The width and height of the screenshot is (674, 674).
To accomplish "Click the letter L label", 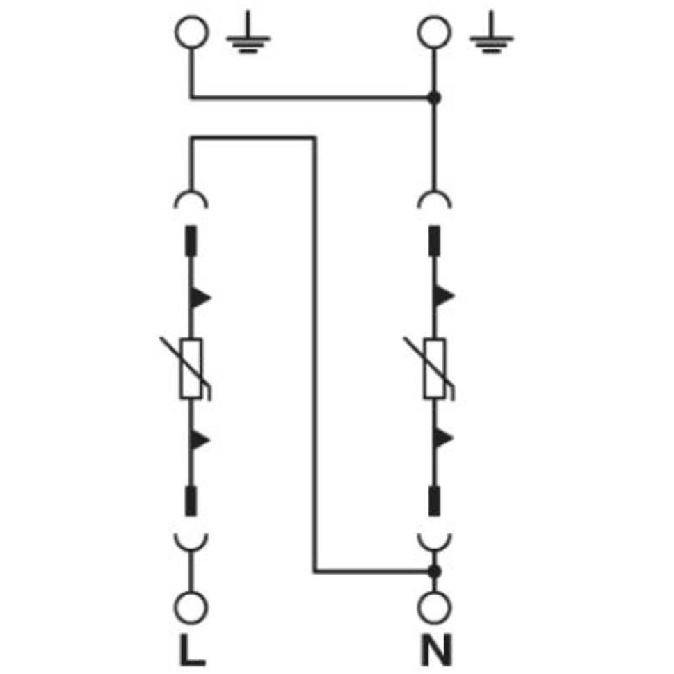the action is [x=192, y=650].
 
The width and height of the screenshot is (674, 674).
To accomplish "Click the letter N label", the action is [x=436, y=650].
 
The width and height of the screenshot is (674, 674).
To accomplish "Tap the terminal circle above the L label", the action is [x=191, y=608].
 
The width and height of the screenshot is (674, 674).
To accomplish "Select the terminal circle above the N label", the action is [x=435, y=608].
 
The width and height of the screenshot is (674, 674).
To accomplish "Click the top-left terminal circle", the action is [x=192, y=32].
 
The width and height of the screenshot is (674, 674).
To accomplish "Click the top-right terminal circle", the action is [x=435, y=32].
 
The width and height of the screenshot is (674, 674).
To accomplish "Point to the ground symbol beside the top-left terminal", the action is [x=248, y=32].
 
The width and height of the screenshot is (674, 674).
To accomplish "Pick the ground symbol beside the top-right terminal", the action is [x=491, y=32].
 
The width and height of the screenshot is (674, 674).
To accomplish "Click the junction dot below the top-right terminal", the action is [x=435, y=98].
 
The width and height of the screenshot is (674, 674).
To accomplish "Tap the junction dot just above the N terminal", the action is [x=435, y=572].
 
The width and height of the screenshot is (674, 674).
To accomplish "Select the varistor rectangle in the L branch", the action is [x=191, y=369].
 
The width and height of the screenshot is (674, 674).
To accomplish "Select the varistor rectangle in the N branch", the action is [x=435, y=369].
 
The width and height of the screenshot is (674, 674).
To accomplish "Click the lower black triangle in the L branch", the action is [x=199, y=440].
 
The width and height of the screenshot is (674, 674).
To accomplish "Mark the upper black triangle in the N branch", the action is [x=443, y=296].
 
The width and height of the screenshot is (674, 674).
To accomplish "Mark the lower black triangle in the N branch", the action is [x=443, y=439].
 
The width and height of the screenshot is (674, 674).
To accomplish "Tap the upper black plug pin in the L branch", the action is [x=191, y=241].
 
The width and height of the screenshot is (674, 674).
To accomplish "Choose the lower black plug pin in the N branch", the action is [x=435, y=501].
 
